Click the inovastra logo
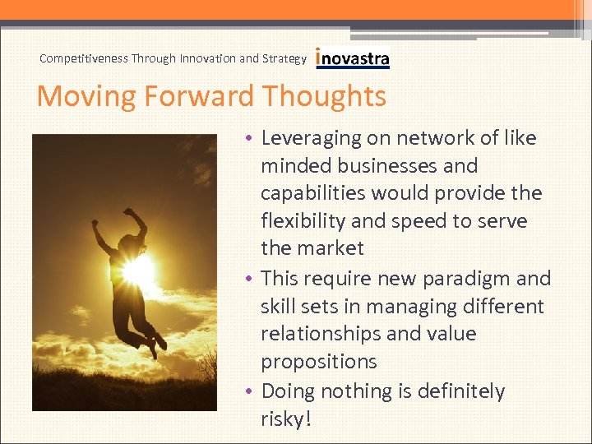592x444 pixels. point(353,58)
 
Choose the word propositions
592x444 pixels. point(319,362)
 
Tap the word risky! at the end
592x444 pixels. point(286,419)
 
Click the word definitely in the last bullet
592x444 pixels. point(454,391)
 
